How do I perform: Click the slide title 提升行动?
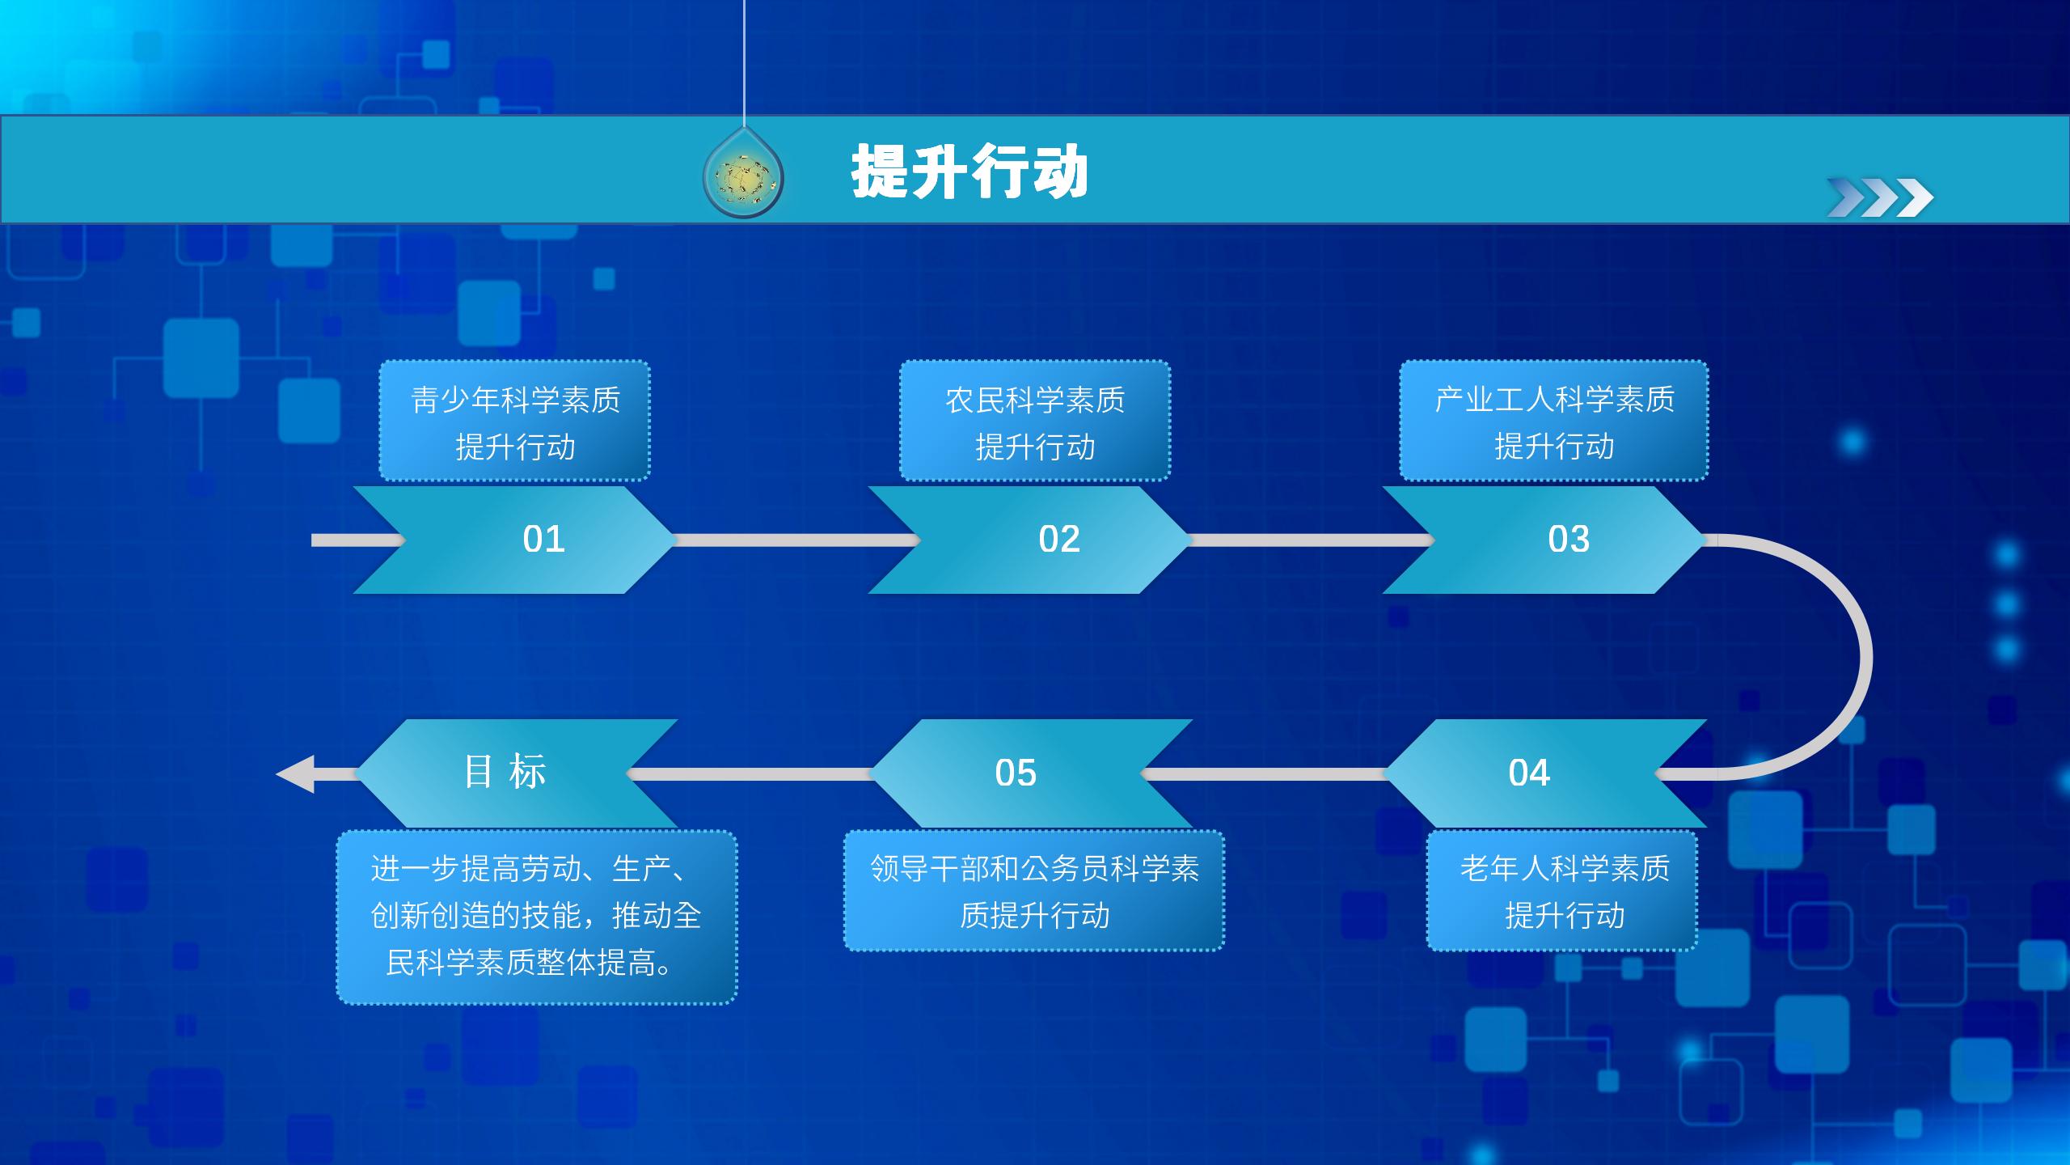(970, 172)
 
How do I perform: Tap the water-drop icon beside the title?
(743, 176)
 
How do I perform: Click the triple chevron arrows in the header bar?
(1880, 197)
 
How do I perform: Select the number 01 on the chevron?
(543, 539)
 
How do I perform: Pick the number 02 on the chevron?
(1059, 539)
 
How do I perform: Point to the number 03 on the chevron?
(1569, 539)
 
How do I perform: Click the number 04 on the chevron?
(1529, 773)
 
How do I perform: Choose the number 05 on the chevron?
(1016, 773)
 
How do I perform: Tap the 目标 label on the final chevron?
(505, 771)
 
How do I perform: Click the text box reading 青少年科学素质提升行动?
(515, 421)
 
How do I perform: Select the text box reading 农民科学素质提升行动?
(1035, 421)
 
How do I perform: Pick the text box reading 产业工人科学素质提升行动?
(1554, 421)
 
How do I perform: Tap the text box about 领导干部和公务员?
(1034, 891)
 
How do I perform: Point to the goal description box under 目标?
(537, 917)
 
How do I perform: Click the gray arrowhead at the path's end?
(296, 774)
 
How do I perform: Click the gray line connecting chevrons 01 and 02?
(796, 540)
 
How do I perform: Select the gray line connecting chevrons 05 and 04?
(1264, 774)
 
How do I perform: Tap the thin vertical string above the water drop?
(743, 63)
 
